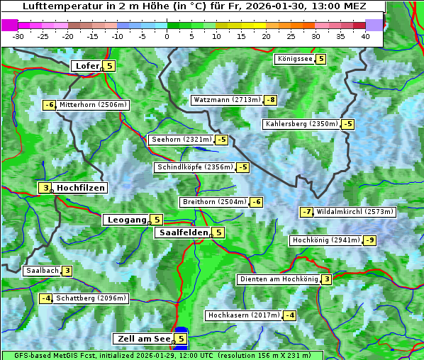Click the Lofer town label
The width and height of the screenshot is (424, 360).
coord(87,66)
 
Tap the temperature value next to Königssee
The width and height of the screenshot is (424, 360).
coord(320,59)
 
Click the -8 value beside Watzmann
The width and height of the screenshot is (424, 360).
coord(270,100)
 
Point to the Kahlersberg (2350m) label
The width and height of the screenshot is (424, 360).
coord(301,124)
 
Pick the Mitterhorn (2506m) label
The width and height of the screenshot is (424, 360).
coord(93,105)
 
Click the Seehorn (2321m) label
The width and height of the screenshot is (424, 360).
coord(182,140)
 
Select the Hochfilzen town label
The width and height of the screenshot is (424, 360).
coord(81,188)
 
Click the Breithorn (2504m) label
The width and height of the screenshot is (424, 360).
coord(213,202)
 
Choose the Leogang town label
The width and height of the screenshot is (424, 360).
coord(126,220)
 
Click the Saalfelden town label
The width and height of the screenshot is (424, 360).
coord(183,232)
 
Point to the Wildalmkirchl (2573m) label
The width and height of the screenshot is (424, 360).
coord(355,211)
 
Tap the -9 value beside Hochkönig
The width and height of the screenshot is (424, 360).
coord(369,240)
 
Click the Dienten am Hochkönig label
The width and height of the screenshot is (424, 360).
coord(278,279)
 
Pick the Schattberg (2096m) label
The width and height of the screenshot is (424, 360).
coord(91,298)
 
